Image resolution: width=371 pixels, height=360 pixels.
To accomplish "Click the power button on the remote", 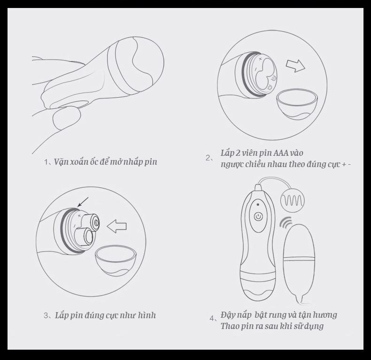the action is [x=258, y=216].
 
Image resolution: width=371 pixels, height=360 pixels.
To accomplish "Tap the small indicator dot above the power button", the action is [x=258, y=205].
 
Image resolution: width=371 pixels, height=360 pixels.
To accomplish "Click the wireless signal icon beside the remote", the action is [x=286, y=222].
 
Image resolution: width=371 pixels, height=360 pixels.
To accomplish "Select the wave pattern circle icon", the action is [x=293, y=200].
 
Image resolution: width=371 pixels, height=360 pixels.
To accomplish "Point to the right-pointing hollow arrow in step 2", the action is [x=295, y=66].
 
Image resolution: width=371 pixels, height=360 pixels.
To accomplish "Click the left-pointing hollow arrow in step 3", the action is [x=116, y=226].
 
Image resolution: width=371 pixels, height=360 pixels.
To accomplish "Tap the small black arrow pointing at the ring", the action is [x=83, y=202].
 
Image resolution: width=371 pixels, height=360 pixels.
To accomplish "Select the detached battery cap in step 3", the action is [x=116, y=260].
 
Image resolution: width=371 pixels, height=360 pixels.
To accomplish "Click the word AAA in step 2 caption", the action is [x=281, y=153].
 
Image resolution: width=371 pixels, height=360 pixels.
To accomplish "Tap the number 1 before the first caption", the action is [x=46, y=162].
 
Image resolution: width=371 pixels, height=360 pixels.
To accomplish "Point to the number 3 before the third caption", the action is [x=46, y=315].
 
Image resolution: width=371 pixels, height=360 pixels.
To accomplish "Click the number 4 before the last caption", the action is [x=211, y=318].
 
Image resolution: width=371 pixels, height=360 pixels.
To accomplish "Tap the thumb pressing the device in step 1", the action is [x=66, y=119].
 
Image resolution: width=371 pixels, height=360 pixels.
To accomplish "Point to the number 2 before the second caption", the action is [x=208, y=158].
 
